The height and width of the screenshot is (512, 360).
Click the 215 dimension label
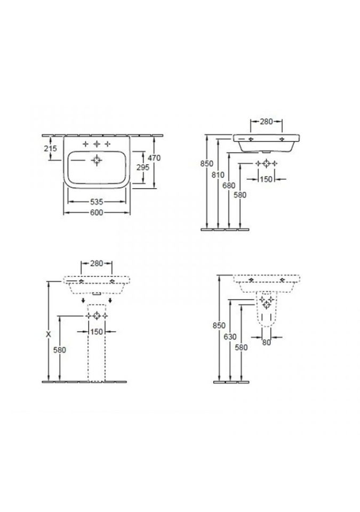click(x=50, y=148)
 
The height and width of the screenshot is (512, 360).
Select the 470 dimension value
click(x=154, y=158)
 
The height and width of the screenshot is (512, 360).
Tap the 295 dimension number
click(x=143, y=167)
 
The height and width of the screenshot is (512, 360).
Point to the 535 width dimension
click(x=97, y=202)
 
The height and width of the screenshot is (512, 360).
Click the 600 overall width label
click(x=97, y=213)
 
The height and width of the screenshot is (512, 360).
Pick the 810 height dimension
click(x=218, y=175)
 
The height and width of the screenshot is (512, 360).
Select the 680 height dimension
click(x=229, y=186)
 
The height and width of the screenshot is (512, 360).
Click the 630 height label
click(x=230, y=337)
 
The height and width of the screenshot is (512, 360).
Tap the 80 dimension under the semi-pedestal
click(x=267, y=342)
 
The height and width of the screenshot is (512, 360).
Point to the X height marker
click(x=49, y=334)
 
